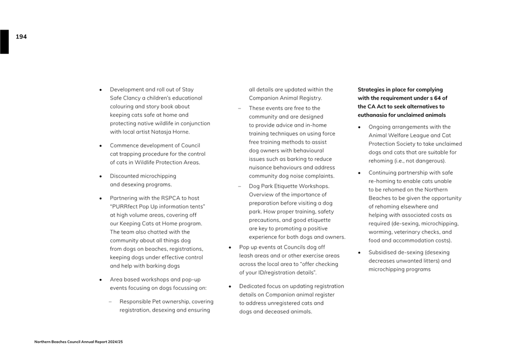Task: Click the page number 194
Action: pyautogui.click(x=21, y=37)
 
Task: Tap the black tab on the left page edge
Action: pyautogui.click(x=4, y=42)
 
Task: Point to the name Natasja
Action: pyautogui.click(x=164, y=132)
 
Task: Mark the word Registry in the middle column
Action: pyautogui.click(x=309, y=98)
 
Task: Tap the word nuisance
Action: pyautogui.click(x=262, y=167)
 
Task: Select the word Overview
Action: pyautogui.click(x=262, y=195)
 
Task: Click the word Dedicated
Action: pyautogui.click(x=253, y=286)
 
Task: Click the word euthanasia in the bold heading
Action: pyautogui.click(x=374, y=115)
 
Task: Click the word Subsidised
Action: pyautogui.click(x=384, y=252)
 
